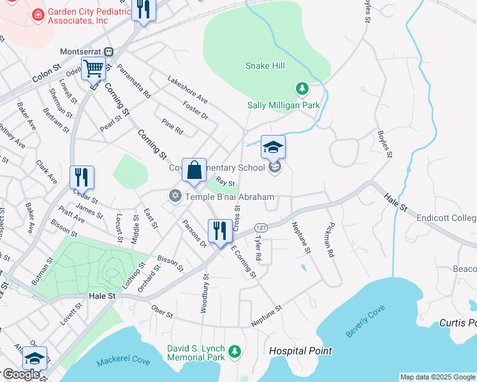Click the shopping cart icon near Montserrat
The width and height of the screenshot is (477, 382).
click(x=93, y=67)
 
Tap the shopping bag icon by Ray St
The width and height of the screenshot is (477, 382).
click(x=194, y=170)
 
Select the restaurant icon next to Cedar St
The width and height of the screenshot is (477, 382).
click(x=82, y=176)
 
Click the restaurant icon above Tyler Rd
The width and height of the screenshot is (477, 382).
click(x=220, y=230)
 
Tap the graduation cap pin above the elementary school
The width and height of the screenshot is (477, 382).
click(x=273, y=147)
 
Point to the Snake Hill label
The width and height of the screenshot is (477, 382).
click(x=265, y=66)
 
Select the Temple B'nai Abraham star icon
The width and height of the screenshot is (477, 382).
click(x=175, y=196)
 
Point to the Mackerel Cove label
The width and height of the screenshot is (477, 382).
click(x=124, y=362)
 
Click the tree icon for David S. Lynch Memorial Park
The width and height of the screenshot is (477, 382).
click(x=235, y=351)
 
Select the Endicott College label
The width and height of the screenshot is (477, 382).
click(x=446, y=218)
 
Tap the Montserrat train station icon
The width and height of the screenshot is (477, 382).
click(x=109, y=52)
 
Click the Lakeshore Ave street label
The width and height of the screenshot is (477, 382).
click(x=187, y=90)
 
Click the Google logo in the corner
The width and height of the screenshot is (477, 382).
click(x=21, y=374)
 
